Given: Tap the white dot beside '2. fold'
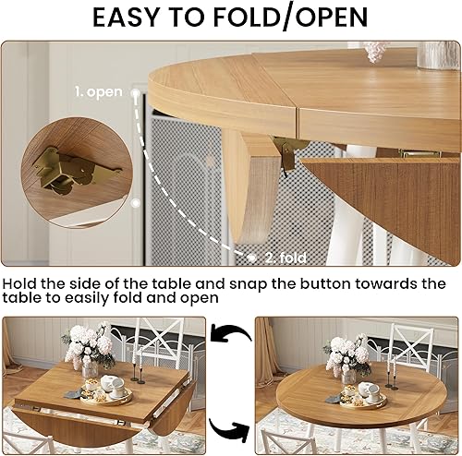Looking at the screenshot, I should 249,258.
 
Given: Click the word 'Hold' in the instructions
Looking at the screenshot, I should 26,282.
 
